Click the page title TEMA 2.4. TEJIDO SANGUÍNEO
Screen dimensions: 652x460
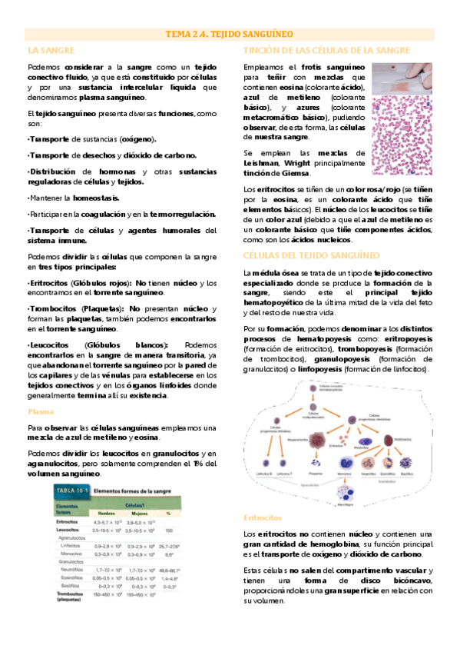pyautogui.click(x=230, y=35)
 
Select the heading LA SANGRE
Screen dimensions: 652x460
pyautogui.click(x=51, y=50)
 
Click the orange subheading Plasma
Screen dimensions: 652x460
pyautogui.click(x=40, y=411)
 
